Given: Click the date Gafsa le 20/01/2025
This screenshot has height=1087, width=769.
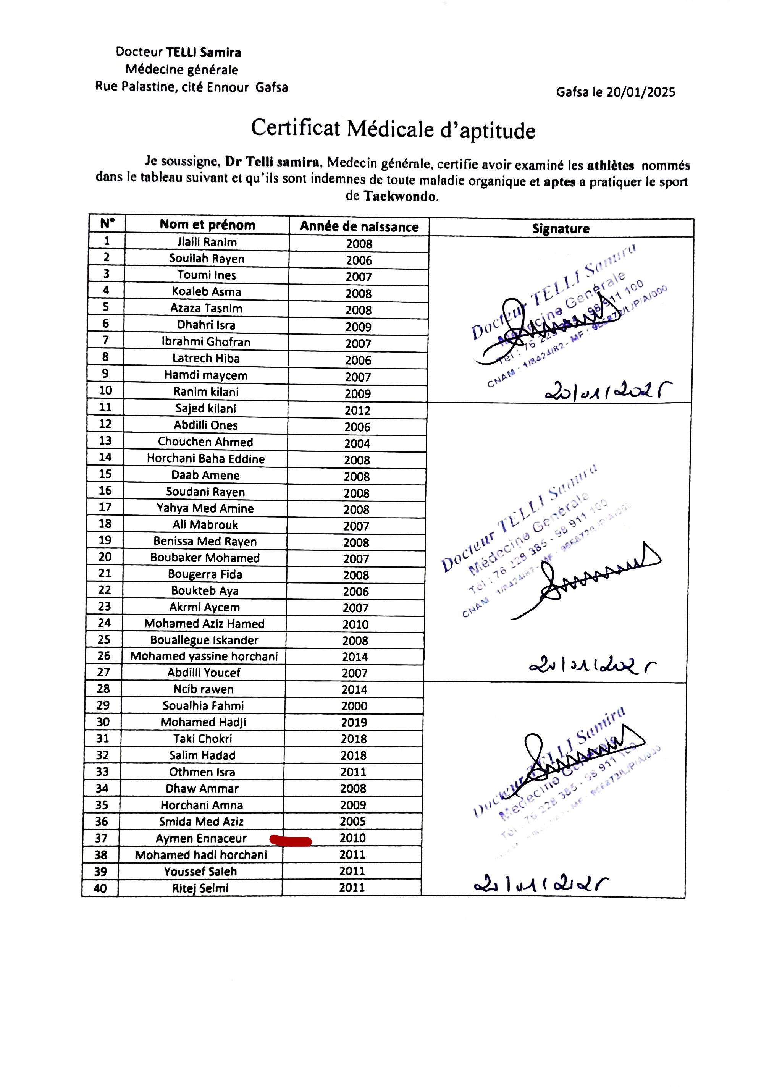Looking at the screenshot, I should pyautogui.click(x=616, y=92).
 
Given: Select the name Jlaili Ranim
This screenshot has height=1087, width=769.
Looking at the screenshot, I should pyautogui.click(x=207, y=242).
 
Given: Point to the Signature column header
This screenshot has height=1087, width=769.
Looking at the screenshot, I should pyautogui.click(x=561, y=229).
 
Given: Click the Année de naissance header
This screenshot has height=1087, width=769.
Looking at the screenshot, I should pyautogui.click(x=359, y=226).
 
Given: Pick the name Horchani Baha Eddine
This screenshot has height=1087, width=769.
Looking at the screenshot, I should pyautogui.click(x=205, y=458).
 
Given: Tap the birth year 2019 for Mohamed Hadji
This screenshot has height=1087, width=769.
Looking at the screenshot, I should pyautogui.click(x=354, y=722).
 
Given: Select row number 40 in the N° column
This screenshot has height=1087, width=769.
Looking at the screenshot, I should pyautogui.click(x=100, y=888).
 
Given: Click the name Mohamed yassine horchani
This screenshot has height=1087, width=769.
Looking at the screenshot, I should pyautogui.click(x=204, y=656).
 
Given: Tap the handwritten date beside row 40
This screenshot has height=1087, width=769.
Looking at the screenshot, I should pyautogui.click(x=541, y=884).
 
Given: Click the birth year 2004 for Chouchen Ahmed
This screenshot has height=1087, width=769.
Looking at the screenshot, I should pyautogui.click(x=357, y=443).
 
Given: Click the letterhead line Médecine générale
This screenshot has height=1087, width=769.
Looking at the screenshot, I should pyautogui.click(x=182, y=70).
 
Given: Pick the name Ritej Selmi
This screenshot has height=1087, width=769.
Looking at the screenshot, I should pyautogui.click(x=200, y=888).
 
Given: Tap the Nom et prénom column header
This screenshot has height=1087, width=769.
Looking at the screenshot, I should pyautogui.click(x=207, y=225).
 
